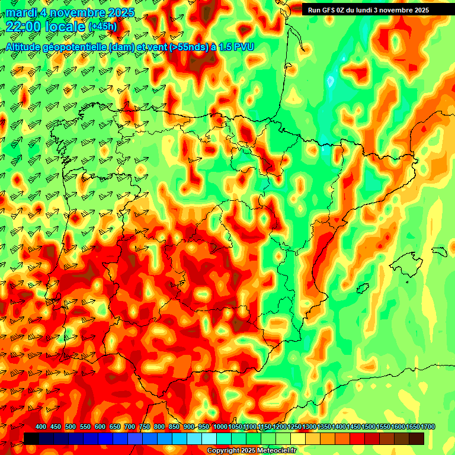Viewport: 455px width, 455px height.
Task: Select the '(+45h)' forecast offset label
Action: (102, 27)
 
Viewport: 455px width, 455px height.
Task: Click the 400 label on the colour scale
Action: (41, 427)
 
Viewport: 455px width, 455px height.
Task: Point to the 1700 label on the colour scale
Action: (412, 427)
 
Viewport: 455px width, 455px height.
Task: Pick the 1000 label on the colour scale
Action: (220, 427)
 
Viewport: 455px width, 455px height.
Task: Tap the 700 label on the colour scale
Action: (130, 427)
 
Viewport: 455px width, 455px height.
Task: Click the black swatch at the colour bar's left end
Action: (31, 438)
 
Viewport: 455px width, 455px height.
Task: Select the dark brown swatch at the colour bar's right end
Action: (416, 438)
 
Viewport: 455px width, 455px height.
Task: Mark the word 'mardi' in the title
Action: (20, 12)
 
